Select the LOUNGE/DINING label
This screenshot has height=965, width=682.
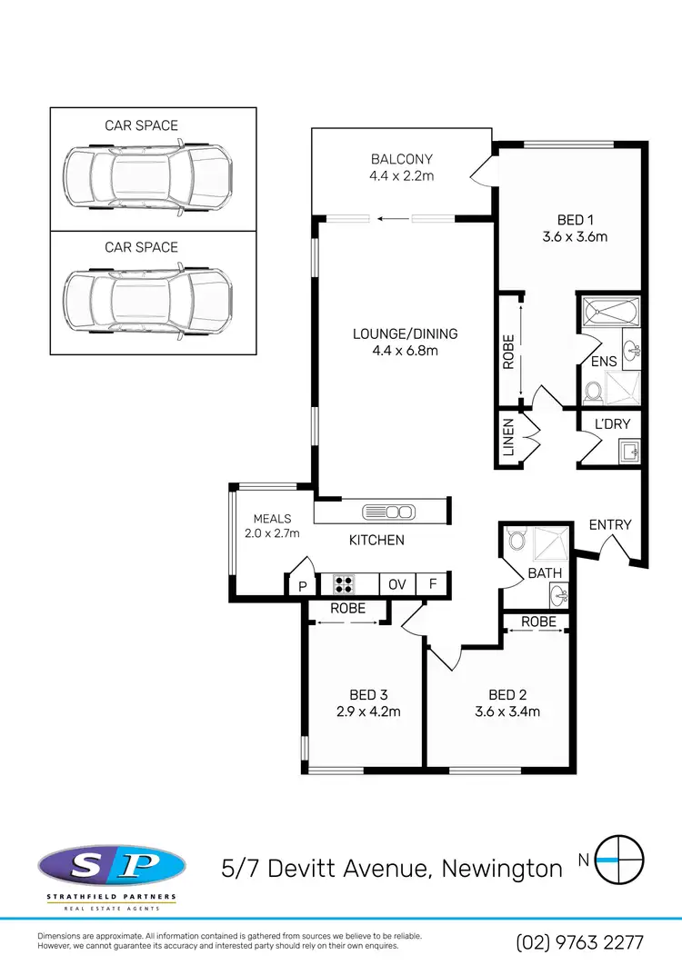point(405,333)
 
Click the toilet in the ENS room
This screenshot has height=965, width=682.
point(594,393)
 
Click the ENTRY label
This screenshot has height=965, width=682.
point(610,524)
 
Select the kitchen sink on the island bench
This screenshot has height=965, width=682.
point(388,512)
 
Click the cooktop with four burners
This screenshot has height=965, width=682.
point(344,583)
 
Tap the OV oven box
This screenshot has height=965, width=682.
point(397,584)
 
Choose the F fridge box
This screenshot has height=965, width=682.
point(433,584)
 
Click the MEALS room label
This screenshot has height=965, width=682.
point(272,519)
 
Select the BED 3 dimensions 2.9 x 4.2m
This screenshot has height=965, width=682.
point(368,711)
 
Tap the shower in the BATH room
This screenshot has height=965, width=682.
point(551,543)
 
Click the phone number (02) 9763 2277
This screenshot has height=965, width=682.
point(580,941)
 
